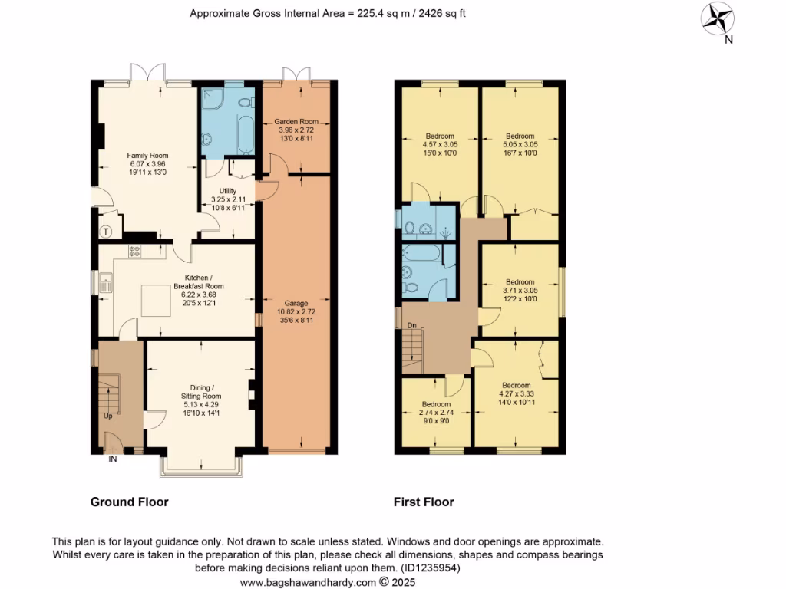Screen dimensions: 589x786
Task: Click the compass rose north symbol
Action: tap(719, 18)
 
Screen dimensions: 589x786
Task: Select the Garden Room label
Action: tap(297, 121)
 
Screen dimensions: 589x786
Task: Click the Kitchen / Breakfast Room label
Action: tap(203, 281)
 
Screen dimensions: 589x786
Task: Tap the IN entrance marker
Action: tap(112, 459)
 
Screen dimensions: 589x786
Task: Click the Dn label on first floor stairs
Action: tap(412, 326)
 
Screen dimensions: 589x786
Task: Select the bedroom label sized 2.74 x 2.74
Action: tap(435, 404)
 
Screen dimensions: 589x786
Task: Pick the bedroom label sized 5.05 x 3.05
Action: tap(520, 137)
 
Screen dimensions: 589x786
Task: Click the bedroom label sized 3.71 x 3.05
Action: tap(520, 281)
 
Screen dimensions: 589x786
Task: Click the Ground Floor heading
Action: tap(129, 502)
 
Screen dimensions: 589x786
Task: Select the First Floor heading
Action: tap(424, 502)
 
